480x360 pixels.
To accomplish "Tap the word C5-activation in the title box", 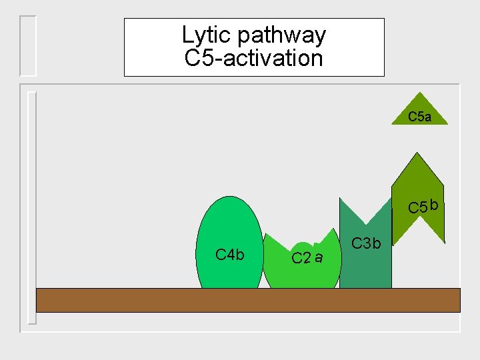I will pos(253,58).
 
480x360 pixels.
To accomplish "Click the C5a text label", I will pos(419,117).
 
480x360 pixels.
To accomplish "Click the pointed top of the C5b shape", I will pos(417,153).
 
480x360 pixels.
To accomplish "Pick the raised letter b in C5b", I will pos(434,204).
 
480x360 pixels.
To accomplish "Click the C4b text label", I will pos(230,255).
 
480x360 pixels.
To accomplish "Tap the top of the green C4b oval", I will pos(231,197).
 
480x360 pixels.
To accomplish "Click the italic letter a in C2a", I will pos(319,257).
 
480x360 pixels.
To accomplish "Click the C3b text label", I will pos(366,243).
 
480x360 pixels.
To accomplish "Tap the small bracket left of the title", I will pos(28,45).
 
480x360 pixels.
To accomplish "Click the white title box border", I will pos(125,47).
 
